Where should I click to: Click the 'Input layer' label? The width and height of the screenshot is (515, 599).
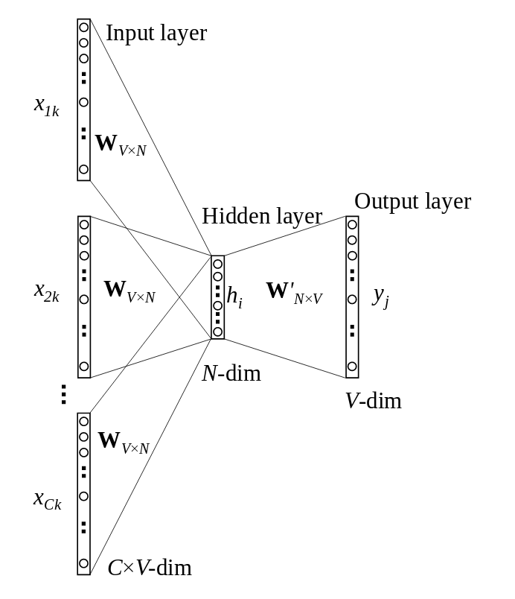156,33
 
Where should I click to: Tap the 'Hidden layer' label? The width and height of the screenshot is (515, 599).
261,216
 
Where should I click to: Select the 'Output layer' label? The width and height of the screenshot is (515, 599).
412,201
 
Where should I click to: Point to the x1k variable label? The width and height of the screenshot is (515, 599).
46,106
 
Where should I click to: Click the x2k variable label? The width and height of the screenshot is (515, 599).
46,291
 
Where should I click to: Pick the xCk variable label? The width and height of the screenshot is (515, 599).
47,499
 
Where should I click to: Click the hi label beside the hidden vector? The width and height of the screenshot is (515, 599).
234,297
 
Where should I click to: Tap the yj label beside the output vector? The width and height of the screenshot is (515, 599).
380,296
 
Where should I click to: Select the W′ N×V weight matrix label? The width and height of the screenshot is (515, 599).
294,292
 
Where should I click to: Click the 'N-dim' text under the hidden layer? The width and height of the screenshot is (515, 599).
231,373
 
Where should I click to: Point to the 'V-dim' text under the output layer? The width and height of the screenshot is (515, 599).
373,401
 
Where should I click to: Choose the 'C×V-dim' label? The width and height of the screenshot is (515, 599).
150,568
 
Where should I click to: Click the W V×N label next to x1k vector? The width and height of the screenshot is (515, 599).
121,145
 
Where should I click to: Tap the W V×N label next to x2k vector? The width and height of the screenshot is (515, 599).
129,291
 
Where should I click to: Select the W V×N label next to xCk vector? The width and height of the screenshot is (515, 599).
124,443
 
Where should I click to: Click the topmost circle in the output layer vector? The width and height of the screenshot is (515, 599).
352,225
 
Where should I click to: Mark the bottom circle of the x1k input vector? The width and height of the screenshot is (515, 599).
84,169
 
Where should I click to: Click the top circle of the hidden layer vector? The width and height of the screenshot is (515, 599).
217,264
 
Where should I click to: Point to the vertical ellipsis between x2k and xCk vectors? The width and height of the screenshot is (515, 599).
63,394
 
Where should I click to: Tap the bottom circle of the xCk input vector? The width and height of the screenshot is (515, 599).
84,563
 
